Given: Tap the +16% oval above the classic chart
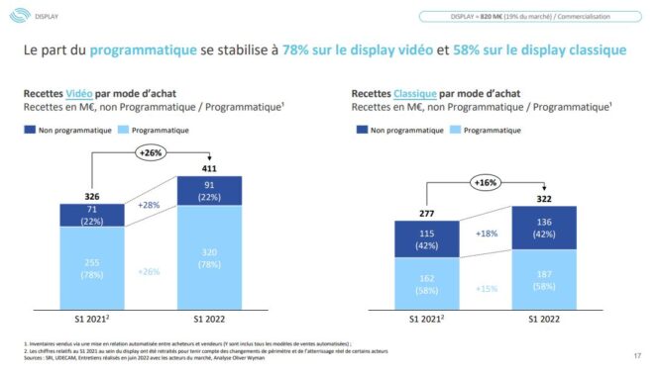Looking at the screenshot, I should pos(485,183).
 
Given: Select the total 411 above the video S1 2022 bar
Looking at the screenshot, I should pos(209,168).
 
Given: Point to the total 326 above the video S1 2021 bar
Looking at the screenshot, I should pos(91,196).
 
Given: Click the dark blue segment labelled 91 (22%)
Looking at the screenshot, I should pos(209,191).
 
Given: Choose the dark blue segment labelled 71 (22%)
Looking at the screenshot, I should pos(91,215).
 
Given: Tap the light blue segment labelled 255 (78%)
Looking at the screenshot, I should pos(91,267).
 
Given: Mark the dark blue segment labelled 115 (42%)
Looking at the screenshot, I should pos(425,237).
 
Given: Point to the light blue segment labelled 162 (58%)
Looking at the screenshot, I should pos(425,285).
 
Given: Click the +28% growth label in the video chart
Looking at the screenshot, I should pos(149,204).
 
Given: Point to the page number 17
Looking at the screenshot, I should pos(635,356).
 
